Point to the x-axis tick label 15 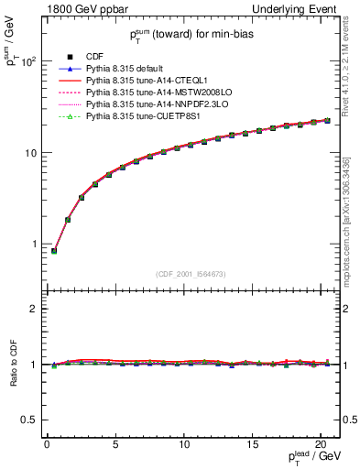pyautogui.click(x=253, y=444)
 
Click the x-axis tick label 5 pyautogui.click(x=115, y=444)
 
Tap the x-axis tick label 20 pyautogui.click(x=322, y=444)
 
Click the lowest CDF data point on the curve pyautogui.click(x=54, y=251)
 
